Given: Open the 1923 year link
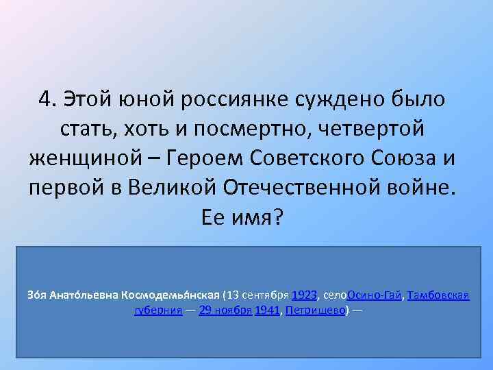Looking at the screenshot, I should click(304, 296).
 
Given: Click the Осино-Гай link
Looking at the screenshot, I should click(375, 296).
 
